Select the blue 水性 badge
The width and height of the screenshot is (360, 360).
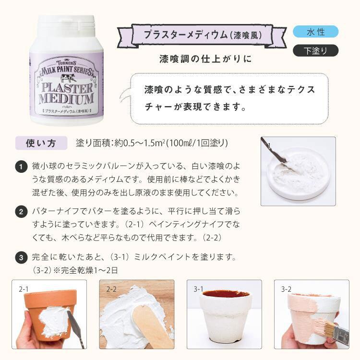pyautogui.click(x=315, y=32)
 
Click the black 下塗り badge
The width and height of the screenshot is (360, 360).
pyautogui.click(x=315, y=50)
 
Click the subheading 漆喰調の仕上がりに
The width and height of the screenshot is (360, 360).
pyautogui.click(x=205, y=59)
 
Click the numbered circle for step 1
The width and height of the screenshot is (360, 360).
pyautogui.click(x=21, y=167)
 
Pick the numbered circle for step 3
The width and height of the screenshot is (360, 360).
pyautogui.click(x=21, y=258)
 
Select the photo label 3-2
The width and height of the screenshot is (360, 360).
pyautogui.click(x=286, y=289)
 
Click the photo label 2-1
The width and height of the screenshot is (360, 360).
pyautogui.click(x=24, y=289)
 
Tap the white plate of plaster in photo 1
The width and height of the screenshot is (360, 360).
pyautogui.click(x=298, y=175)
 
